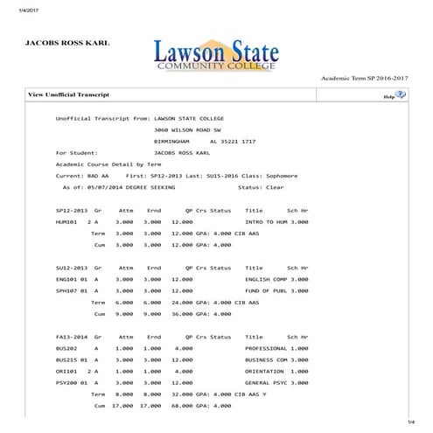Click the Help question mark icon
tap(401, 94)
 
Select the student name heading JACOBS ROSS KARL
tap(67, 42)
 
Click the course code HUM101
tap(67, 222)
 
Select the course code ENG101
tap(67, 279)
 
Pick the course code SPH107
tap(67, 290)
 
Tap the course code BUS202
tap(67, 348)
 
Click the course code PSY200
tap(67, 382)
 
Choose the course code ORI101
tap(67, 371)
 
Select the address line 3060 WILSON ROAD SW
tap(187, 129)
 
